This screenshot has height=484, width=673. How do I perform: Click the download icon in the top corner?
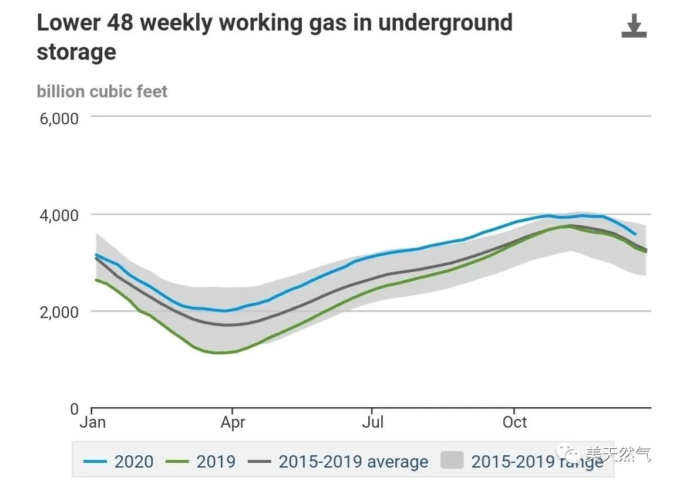pyautogui.click(x=634, y=26)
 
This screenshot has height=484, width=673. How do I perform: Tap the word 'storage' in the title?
pyautogui.click(x=76, y=52)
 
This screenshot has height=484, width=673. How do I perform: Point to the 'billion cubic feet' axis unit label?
pyautogui.click(x=102, y=92)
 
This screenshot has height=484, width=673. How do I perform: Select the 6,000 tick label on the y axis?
pyautogui.click(x=59, y=119)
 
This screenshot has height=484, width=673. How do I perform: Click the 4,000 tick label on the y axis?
pyautogui.click(x=59, y=215)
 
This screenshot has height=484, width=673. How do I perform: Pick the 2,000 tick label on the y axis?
pyautogui.click(x=59, y=312)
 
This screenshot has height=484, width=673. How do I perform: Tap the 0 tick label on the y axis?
pyautogui.click(x=74, y=409)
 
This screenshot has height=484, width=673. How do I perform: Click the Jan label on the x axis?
pyautogui.click(x=92, y=422)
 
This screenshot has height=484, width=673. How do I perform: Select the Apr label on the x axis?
pyautogui.click(x=233, y=422)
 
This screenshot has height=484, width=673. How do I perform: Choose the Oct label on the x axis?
pyautogui.click(x=514, y=422)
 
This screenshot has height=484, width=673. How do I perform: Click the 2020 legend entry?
pyautogui.click(x=133, y=462)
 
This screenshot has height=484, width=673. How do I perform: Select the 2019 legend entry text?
pyautogui.click(x=216, y=462)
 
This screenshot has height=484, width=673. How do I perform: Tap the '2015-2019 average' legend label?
pyautogui.click(x=353, y=462)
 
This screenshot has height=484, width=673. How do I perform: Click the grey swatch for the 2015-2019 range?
pyautogui.click(x=452, y=461)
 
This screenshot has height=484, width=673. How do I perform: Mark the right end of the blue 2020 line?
pyautogui.click(x=635, y=234)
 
